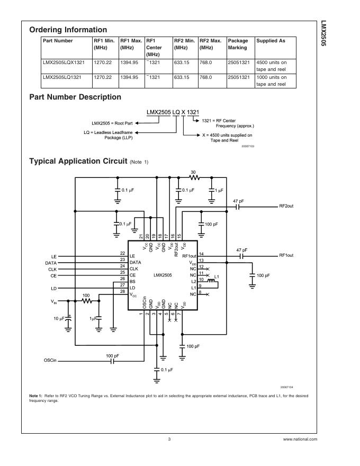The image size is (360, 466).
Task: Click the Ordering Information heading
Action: [x=68, y=30]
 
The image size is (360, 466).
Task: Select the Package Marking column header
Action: [x=238, y=44]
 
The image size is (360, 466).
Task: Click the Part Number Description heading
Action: [x=75, y=97]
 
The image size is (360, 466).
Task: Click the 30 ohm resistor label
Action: [x=193, y=172]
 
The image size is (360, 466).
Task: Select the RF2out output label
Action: [x=286, y=206]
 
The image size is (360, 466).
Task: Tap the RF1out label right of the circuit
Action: [x=286, y=255]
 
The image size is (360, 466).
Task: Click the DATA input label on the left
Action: [x=51, y=262]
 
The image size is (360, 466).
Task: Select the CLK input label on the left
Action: [x=52, y=269]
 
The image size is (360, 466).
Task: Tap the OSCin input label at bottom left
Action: [x=50, y=360]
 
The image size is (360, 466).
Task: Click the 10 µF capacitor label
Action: [x=58, y=319]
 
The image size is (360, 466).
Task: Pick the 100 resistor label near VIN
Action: [x=86, y=295]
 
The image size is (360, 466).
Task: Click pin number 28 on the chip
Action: [x=122, y=291]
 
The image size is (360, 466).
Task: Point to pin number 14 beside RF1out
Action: [x=201, y=254]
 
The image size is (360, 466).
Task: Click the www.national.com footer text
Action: [x=300, y=440]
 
